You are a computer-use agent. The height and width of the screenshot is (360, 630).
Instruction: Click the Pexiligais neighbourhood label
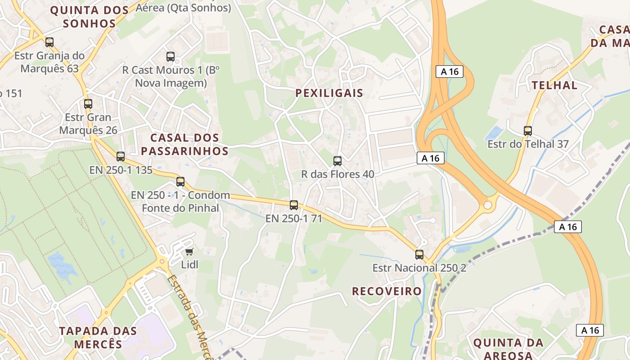329,93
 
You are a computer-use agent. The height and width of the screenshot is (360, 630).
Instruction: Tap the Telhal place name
554,85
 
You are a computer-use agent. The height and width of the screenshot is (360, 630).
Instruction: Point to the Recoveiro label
387,291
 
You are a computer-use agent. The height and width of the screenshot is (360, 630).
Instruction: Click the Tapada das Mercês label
98,337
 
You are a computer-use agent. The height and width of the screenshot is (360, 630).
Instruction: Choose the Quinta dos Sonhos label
90,17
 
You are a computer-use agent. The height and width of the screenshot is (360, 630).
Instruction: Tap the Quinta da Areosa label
508,349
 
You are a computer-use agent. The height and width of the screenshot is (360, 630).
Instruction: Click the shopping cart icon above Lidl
189,252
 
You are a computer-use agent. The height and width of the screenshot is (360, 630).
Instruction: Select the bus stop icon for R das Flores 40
337,161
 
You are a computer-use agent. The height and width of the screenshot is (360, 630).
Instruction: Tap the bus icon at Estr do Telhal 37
528,131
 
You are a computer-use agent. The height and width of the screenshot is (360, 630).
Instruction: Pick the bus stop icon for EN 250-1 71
294,205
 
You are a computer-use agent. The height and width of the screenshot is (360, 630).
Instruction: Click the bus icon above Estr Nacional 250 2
419,255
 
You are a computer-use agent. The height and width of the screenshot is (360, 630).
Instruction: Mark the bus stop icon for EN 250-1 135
121,157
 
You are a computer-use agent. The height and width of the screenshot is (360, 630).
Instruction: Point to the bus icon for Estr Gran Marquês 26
88,104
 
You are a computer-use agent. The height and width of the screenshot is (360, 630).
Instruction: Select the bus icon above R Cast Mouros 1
171,57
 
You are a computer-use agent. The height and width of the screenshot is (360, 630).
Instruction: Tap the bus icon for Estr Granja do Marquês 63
49,42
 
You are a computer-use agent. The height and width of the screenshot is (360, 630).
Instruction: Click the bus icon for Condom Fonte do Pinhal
180,182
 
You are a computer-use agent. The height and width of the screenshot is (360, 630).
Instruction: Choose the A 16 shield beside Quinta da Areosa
590,330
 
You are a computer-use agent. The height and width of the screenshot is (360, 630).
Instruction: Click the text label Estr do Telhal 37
528,144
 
